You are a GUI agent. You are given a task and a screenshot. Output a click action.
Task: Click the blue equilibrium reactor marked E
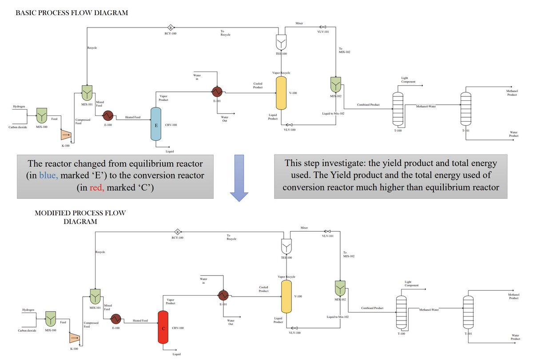coord(156,124)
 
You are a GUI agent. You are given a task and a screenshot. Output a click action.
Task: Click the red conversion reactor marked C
coord(164,328)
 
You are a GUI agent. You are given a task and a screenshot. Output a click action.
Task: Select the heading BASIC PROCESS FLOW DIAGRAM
coord(72,13)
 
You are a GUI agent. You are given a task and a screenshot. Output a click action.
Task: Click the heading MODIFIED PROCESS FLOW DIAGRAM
coord(80,217)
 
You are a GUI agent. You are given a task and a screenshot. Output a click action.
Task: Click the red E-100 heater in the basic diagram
coord(108,116)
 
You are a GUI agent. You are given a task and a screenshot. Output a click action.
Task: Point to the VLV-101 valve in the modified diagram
coord(327,231)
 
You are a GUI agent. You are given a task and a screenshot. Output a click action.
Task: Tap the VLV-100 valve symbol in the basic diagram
coord(290,125)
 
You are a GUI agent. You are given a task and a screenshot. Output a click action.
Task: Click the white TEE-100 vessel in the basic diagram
coord(281,42)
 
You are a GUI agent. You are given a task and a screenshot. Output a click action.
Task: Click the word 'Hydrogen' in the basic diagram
coord(19,107)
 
